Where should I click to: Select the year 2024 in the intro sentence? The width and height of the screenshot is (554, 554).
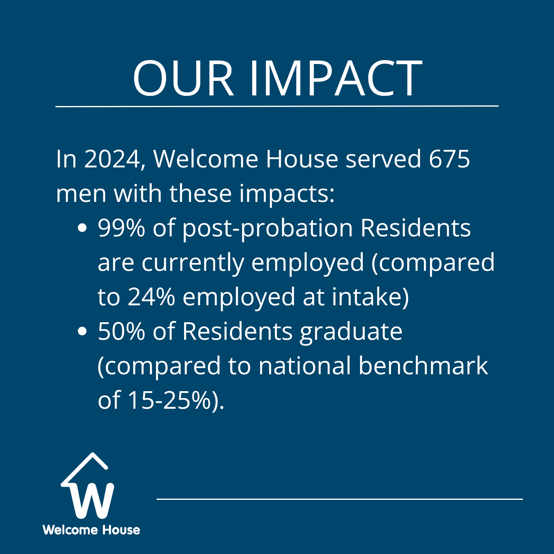[112, 159]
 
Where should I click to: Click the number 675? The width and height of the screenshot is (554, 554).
[449, 159]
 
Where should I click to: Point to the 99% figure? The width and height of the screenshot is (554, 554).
[121, 228]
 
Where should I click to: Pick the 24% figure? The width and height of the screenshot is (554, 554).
[151, 297]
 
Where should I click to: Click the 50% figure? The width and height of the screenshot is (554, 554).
[121, 331]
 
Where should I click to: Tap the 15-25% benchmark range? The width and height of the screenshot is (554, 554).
[169, 400]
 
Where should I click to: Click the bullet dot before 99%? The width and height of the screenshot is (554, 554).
[82, 228]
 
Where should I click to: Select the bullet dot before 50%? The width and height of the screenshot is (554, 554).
[82, 331]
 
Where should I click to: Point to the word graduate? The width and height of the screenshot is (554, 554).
[351, 332]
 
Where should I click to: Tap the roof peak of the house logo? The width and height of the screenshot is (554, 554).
[92, 453]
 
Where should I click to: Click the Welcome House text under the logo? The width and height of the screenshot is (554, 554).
[91, 530]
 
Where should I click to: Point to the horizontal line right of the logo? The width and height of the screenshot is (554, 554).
[340, 499]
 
